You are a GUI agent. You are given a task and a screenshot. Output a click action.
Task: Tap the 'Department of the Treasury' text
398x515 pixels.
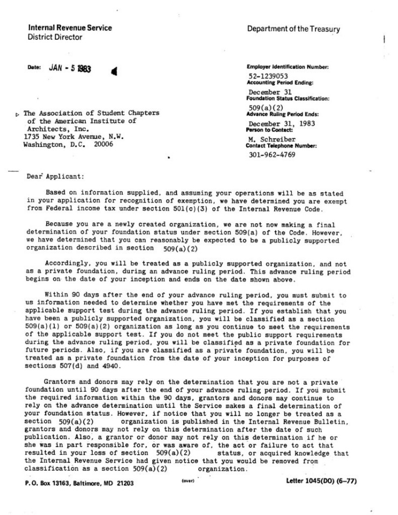[x=294, y=29]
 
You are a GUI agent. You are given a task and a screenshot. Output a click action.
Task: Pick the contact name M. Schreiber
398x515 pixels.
[x=268, y=139]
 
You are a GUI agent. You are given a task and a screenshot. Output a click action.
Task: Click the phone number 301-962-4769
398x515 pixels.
[x=272, y=155]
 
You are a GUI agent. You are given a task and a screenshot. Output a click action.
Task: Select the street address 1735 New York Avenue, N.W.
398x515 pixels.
[x=74, y=137]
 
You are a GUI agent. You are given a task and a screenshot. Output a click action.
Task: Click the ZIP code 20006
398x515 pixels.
[x=102, y=145]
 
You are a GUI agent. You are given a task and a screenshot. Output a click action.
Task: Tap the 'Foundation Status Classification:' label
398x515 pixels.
[x=288, y=99]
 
